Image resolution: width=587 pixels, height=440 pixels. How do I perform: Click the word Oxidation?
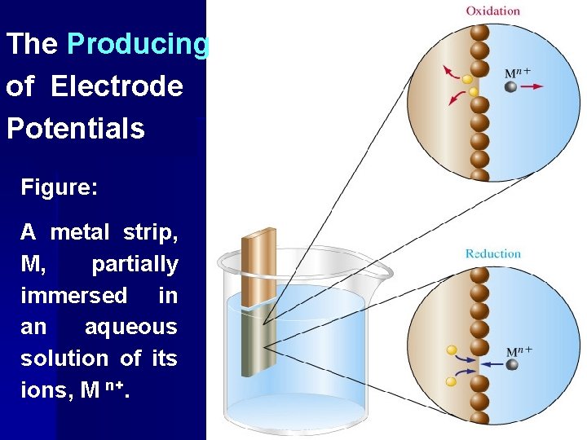pos(492,11)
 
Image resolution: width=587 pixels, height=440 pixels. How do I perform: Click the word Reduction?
pos(492,253)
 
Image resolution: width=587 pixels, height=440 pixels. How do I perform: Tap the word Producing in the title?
pos(138,44)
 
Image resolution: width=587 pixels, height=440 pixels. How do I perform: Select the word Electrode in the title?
pos(117,86)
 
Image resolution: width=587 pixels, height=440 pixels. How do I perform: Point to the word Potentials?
pos(75,128)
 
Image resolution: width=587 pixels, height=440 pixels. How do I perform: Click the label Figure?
pos(60,188)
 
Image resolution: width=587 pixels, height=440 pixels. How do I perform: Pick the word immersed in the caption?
pos(74,295)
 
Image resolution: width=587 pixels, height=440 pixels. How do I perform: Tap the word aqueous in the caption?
pos(130,327)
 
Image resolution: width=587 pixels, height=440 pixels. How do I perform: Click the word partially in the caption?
pos(135,264)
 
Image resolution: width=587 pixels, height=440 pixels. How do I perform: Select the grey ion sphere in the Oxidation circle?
pos(510,86)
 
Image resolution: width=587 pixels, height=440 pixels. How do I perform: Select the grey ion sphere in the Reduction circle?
pos(512,364)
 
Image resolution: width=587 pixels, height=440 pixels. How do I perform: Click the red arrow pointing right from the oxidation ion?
pos(532,86)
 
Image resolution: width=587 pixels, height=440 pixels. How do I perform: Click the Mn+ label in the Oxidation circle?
pos(517,72)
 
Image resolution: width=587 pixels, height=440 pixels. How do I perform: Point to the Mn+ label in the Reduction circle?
pos(519,352)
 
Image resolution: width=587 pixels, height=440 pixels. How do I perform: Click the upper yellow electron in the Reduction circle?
pos(451,350)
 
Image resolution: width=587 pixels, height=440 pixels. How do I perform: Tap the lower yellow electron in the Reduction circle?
pos(451,381)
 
